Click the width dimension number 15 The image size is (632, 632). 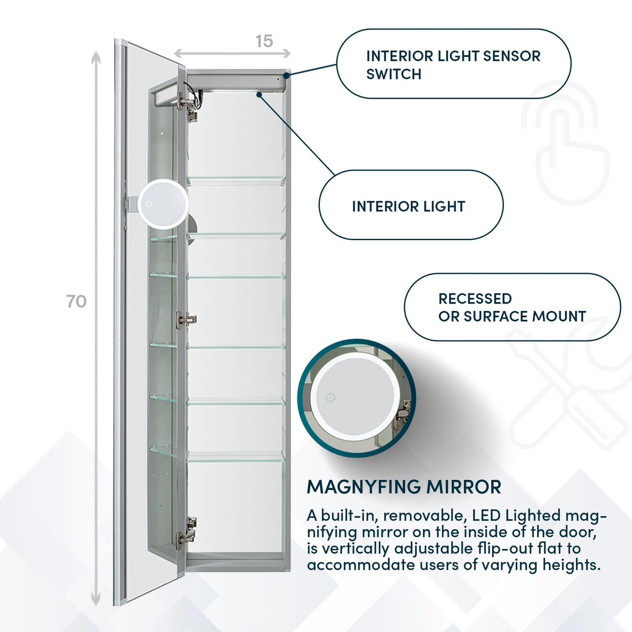pyautogui.click(x=264, y=41)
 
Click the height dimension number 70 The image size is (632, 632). pyautogui.click(x=77, y=301)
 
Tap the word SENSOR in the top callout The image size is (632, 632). pyautogui.click(x=512, y=56)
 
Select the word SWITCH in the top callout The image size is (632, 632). pyautogui.click(x=394, y=74)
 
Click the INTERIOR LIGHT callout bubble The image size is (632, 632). pyautogui.click(x=411, y=205)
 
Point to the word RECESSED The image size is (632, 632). pyautogui.click(x=475, y=299)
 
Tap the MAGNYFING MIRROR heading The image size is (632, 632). pyautogui.click(x=404, y=487)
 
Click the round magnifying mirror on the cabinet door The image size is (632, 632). pyautogui.click(x=163, y=204)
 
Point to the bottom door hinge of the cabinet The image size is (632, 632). pyautogui.click(x=187, y=532)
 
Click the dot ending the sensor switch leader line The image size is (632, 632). pyautogui.click(x=286, y=75)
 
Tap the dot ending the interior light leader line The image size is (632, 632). pyautogui.click(x=259, y=94)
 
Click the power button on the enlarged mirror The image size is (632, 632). pyautogui.click(x=331, y=398)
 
